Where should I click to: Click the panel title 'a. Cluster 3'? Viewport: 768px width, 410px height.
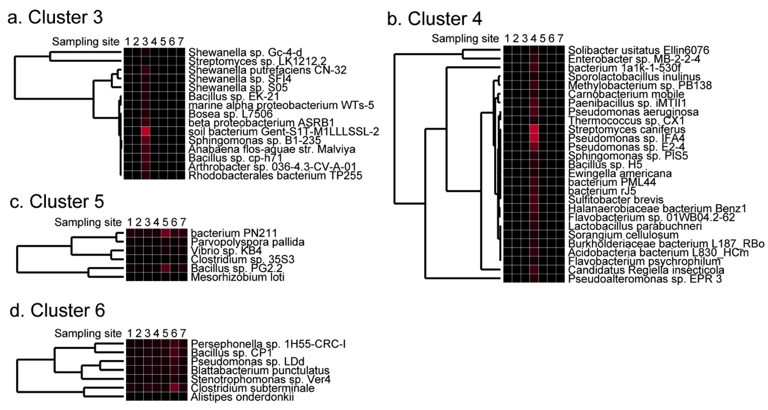tap(55, 17)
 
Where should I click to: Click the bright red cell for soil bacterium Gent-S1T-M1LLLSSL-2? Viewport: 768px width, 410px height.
tap(145, 131)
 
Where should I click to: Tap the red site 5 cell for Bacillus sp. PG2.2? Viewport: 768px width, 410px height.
tap(165, 268)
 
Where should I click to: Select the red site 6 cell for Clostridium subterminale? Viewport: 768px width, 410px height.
tap(174, 388)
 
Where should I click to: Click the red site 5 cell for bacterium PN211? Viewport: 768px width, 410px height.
tap(165, 233)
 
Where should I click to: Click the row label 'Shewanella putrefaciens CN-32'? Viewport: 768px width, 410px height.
tap(267, 70)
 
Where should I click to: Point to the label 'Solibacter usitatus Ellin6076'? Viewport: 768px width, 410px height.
tap(638, 50)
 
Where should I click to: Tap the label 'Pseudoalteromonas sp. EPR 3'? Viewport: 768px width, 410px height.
tap(645, 279)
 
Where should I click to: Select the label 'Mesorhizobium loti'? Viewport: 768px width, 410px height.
tap(237, 277)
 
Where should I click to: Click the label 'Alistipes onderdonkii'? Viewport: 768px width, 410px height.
tap(242, 397)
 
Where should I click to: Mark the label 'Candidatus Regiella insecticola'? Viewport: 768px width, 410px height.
tap(646, 270)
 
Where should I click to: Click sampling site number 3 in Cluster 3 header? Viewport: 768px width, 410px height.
tap(145, 42)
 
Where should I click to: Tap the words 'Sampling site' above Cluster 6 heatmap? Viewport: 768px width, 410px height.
tap(88, 333)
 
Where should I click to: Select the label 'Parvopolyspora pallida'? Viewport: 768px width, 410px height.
tap(247, 242)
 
